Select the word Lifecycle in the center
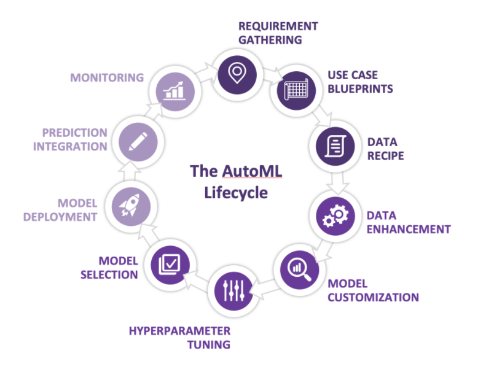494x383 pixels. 237,193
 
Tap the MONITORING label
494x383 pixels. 106,78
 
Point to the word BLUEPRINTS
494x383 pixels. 361,88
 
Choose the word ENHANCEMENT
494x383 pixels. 409,230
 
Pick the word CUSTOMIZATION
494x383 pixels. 373,297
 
